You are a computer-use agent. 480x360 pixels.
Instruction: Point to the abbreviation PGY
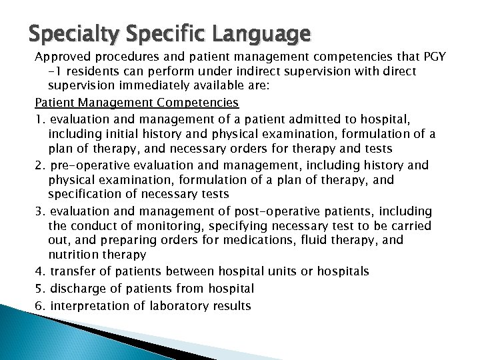pyautogui.click(x=423, y=58)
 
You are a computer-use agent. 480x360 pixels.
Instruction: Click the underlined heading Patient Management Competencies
pyautogui.click(x=137, y=103)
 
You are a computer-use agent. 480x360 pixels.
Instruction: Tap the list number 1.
pyautogui.click(x=39, y=118)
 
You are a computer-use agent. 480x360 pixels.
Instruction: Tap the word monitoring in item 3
pyautogui.click(x=155, y=227)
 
